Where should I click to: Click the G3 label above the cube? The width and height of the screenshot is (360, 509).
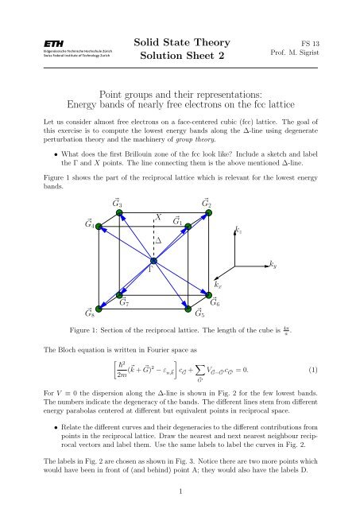click(x=119, y=205)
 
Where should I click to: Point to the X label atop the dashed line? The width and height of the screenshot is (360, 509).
click(x=159, y=218)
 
